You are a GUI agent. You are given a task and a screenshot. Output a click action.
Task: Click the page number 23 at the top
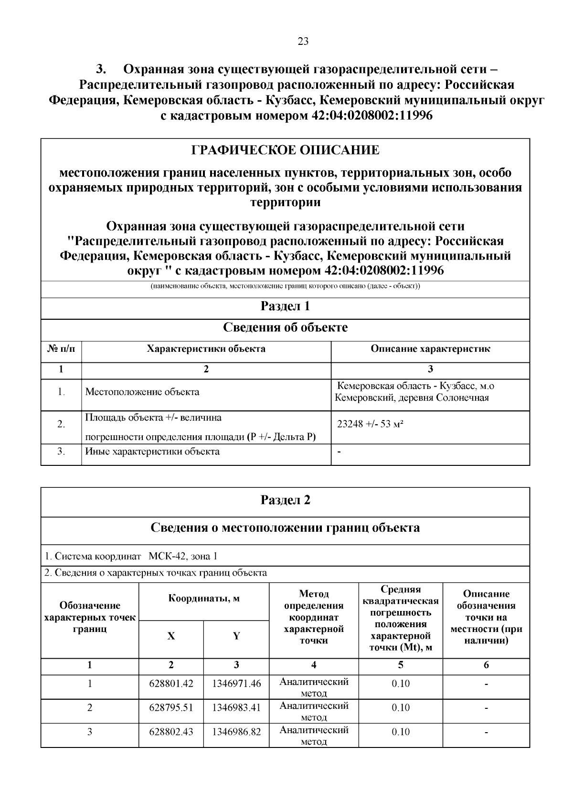click(x=303, y=42)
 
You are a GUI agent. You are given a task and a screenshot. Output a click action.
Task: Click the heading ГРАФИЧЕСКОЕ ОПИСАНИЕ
click(x=285, y=151)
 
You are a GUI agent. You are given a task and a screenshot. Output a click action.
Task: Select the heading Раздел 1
click(x=285, y=306)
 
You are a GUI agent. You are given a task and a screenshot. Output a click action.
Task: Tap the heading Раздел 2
click(x=285, y=500)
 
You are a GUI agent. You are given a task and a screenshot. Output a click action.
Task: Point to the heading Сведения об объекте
click(x=285, y=328)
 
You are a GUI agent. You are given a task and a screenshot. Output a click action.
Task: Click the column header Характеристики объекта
click(x=206, y=349)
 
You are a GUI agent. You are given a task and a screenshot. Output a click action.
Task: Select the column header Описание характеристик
click(x=430, y=349)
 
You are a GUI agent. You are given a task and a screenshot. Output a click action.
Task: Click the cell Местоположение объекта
click(x=142, y=392)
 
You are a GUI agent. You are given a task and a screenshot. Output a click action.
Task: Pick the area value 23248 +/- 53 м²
click(x=370, y=424)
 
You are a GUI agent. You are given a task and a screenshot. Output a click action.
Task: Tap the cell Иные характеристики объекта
click(x=152, y=452)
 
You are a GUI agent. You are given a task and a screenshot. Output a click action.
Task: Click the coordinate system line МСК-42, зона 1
click(x=131, y=556)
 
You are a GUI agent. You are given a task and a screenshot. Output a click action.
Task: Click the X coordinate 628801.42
click(x=171, y=684)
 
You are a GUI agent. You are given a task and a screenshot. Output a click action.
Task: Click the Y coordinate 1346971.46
click(x=236, y=684)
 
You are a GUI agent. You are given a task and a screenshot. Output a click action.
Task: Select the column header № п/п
click(x=61, y=349)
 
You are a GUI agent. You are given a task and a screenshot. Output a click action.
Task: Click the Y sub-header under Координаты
click(x=236, y=636)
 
